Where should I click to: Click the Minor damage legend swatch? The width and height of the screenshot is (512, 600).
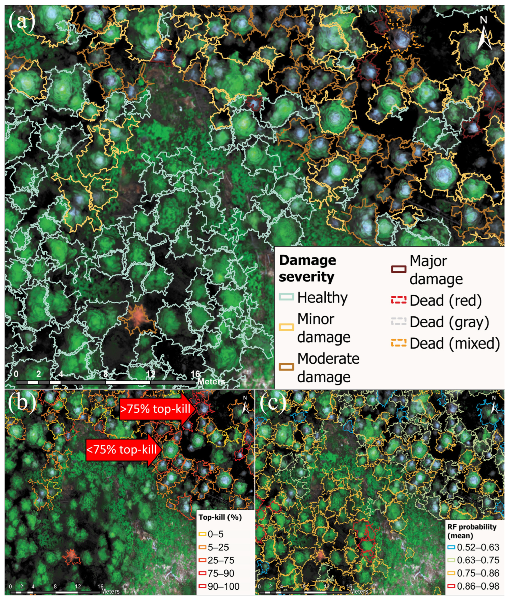coord(286,327)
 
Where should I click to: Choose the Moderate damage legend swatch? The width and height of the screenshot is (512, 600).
coord(286,367)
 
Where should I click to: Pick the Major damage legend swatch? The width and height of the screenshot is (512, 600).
coord(399,269)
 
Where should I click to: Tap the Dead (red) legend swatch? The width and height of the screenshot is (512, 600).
coord(399,300)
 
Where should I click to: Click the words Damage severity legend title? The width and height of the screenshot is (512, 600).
coord(307,268)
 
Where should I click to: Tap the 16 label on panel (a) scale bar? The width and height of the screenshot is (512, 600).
coord(195,374)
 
